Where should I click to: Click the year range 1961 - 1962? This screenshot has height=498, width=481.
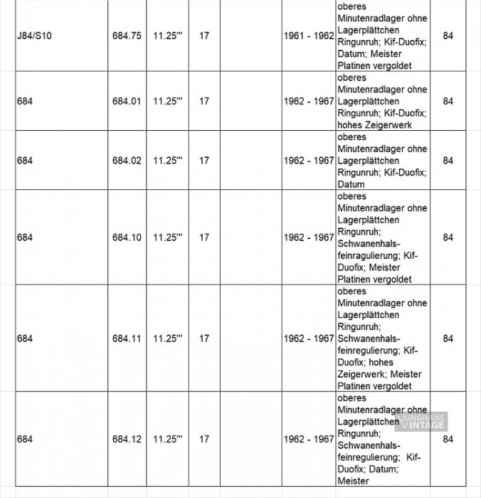pyautogui.click(x=308, y=35)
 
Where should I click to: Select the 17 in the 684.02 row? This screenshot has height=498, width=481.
pyautogui.click(x=204, y=161)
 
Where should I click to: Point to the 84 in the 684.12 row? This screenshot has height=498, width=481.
pyautogui.click(x=448, y=440)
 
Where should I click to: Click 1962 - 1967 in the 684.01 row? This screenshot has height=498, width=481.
pyautogui.click(x=308, y=102)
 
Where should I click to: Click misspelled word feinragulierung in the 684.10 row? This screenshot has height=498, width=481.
pyautogui.click(x=366, y=255)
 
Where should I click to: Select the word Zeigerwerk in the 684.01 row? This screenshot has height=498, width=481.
pyautogui.click(x=388, y=125)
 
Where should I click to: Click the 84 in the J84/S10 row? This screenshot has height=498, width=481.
pyautogui.click(x=448, y=35)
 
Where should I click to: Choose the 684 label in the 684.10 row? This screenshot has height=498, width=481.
pyautogui.click(x=23, y=238)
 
